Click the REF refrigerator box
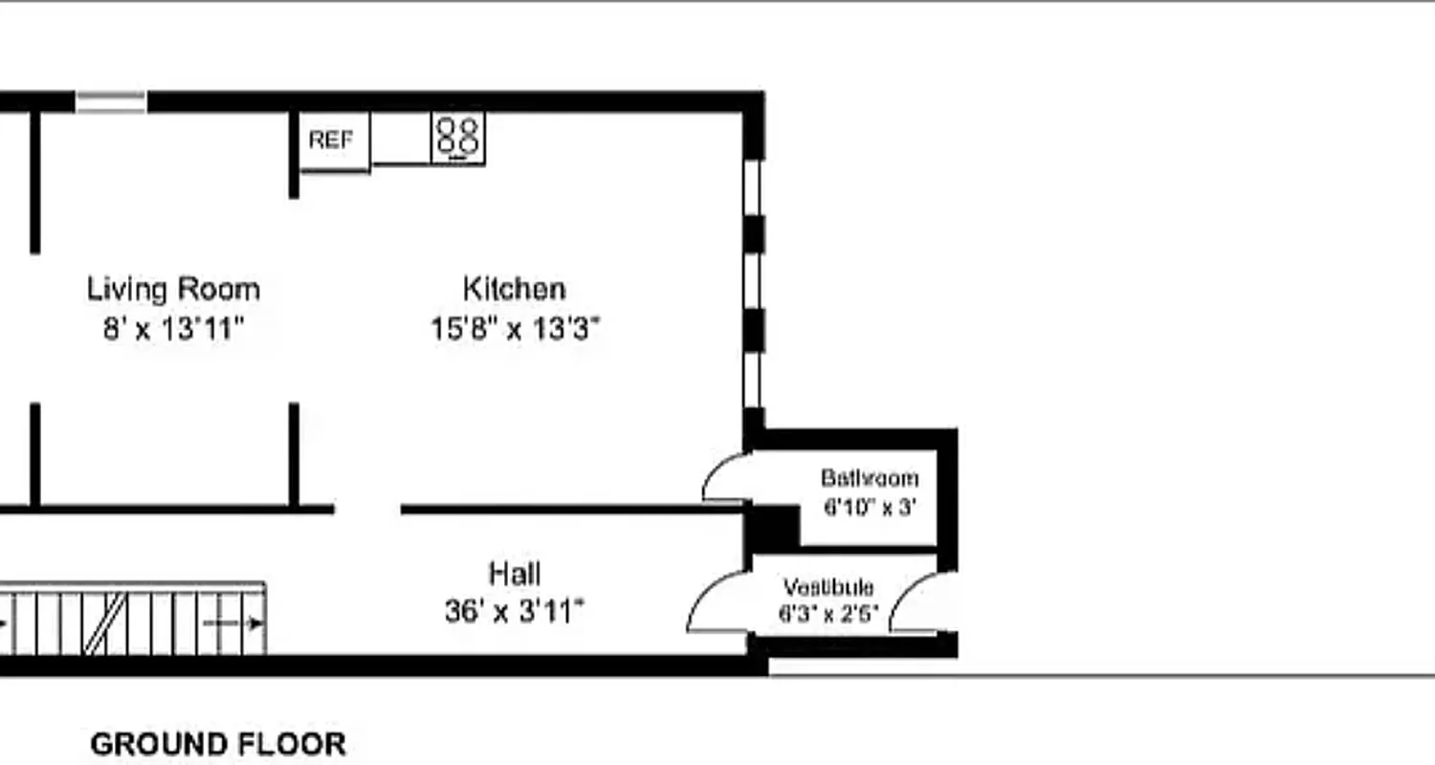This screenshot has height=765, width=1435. pyautogui.click(x=330, y=140)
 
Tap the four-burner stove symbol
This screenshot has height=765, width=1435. pyautogui.click(x=457, y=137)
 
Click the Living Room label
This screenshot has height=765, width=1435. pyautogui.click(x=173, y=289)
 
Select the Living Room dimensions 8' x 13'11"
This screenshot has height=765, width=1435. pyautogui.click(x=173, y=329)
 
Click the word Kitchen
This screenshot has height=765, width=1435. pyautogui.click(x=514, y=288)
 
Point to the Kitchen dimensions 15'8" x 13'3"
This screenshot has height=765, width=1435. pyautogui.click(x=515, y=329)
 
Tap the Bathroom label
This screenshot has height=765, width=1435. pyautogui.click(x=870, y=477)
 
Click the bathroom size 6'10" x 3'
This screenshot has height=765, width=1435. pyautogui.click(x=870, y=507)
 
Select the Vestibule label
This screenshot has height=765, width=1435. pyautogui.click(x=828, y=586)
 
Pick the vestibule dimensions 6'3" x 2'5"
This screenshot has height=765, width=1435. pyautogui.click(x=828, y=614)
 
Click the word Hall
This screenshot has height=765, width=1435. pyautogui.click(x=514, y=574)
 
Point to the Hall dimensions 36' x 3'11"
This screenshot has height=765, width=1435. pyautogui.click(x=514, y=610)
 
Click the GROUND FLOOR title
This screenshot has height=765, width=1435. pyautogui.click(x=218, y=744)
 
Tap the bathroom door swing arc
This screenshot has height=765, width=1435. pyautogui.click(x=723, y=475)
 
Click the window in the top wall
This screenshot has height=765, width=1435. pyautogui.click(x=111, y=101)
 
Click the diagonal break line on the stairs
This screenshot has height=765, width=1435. pyautogui.click(x=105, y=623)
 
